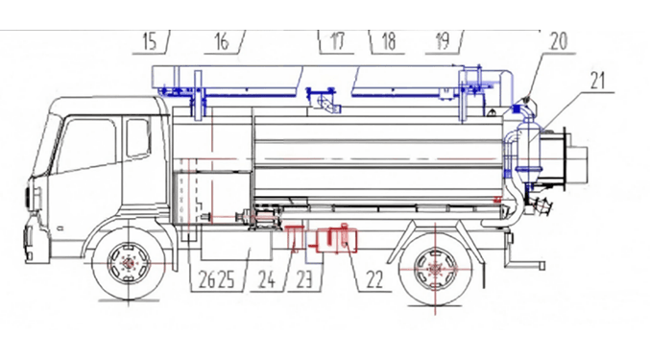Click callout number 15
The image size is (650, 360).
(x=149, y=42)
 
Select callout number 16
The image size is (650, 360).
(x=222, y=42)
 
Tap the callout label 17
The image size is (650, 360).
(x=337, y=41)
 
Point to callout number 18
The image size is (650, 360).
(x=389, y=41)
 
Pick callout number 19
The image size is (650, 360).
(x=443, y=41)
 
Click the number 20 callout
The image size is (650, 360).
(x=559, y=41)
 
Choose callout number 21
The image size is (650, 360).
(x=597, y=81)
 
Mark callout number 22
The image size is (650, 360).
(x=374, y=279)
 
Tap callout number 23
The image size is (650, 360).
(x=303, y=279)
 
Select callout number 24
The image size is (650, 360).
(x=267, y=279)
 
